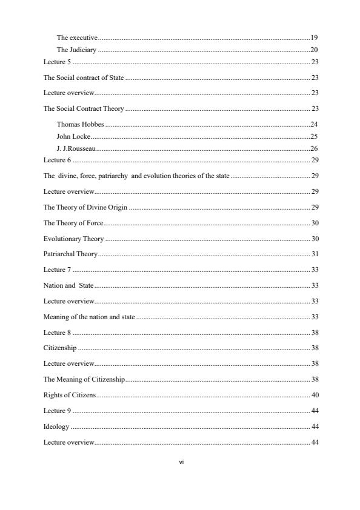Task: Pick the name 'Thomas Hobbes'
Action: coord(80,124)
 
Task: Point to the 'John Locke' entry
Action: coord(73,136)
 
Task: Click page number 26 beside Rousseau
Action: coord(314,148)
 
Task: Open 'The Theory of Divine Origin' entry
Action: coord(85,207)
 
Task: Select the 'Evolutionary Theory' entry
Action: coord(73,239)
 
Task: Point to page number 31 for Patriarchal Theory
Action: coord(315,254)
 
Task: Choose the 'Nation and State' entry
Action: coord(68,285)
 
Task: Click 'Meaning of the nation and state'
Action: coord(89,317)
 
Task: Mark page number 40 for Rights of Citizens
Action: coord(315,396)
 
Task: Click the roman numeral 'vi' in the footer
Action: coord(181,462)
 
